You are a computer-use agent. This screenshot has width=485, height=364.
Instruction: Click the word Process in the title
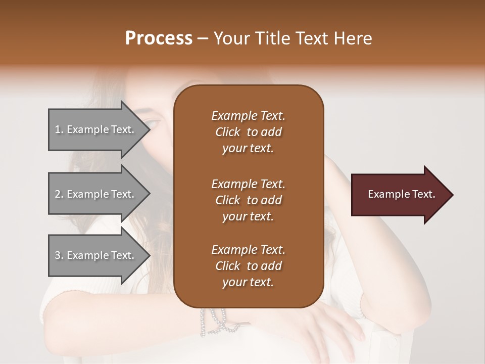click(159, 38)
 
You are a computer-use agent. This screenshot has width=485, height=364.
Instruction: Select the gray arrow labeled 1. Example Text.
click(96, 129)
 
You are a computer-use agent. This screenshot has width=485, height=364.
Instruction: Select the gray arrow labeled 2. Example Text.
click(96, 194)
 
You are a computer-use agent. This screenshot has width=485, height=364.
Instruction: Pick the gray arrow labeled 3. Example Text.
click(96, 255)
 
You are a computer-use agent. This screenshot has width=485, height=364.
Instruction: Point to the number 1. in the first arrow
click(59, 129)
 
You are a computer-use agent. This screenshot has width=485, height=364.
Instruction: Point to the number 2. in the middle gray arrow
click(59, 194)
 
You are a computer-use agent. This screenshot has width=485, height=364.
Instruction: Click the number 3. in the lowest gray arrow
click(59, 255)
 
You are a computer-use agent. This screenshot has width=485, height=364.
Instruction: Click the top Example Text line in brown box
click(248, 116)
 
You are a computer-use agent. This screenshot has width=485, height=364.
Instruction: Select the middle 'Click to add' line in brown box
click(248, 200)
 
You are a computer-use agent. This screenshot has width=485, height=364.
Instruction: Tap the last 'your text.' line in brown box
click(248, 283)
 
